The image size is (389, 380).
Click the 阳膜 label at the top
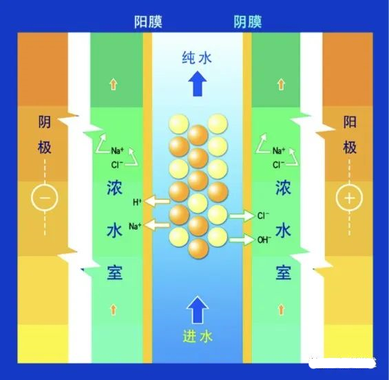point(148,22)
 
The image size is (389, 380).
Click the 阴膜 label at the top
point(247,22)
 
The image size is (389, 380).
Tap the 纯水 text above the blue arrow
point(197,58)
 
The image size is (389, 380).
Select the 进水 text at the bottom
point(198,337)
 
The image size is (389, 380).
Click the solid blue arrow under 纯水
point(197,83)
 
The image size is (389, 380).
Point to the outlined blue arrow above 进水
point(197,310)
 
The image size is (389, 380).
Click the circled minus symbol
point(45,197)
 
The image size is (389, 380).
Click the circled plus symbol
point(349,197)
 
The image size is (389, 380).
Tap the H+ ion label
point(137,202)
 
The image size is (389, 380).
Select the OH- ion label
point(264,240)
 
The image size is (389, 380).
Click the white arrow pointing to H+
point(157,201)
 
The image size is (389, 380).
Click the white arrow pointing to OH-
point(242,239)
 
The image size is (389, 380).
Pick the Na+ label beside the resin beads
point(135,226)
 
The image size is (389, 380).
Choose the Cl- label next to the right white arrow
point(263,215)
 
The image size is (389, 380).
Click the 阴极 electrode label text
point(45,134)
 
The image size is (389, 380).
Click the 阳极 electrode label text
point(350,134)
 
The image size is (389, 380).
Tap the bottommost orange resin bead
point(198,249)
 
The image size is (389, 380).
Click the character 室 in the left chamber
point(114,272)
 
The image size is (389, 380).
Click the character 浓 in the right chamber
point(283,188)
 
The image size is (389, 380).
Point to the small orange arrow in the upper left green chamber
point(113,84)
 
